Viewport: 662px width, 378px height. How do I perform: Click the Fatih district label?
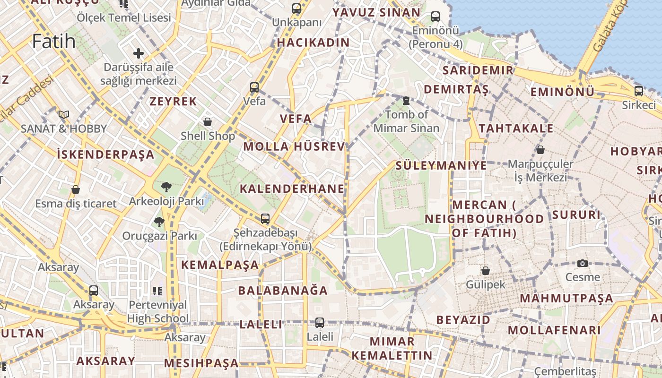pyautogui.click(x=54, y=42)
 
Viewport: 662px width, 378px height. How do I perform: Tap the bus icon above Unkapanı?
pyautogui.click(x=296, y=8)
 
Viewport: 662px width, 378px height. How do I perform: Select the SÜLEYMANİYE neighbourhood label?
pyautogui.click(x=441, y=165)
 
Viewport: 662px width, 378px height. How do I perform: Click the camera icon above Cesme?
pyautogui.click(x=583, y=263)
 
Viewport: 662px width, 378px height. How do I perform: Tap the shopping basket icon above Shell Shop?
pyautogui.click(x=208, y=122)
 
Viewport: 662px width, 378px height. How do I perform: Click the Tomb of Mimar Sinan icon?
pyautogui.click(x=406, y=100)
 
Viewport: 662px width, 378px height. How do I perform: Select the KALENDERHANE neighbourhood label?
pyautogui.click(x=292, y=189)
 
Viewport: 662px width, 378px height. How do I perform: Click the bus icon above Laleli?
pyautogui.click(x=320, y=323)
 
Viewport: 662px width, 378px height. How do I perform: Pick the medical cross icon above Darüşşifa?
pyautogui.click(x=138, y=53)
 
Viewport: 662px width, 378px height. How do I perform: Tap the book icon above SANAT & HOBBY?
pyautogui.click(x=64, y=114)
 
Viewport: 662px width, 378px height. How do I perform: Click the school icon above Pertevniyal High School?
pyautogui.click(x=157, y=291)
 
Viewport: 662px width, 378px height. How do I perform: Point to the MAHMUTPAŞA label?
pyautogui.click(x=566, y=299)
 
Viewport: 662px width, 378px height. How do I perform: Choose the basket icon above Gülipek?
pyautogui.click(x=485, y=271)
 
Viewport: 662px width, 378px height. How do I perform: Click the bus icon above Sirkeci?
pyautogui.click(x=639, y=91)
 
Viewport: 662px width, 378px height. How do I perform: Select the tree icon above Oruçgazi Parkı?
pyautogui.click(x=159, y=221)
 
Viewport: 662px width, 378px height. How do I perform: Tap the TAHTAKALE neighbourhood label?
pyautogui.click(x=516, y=129)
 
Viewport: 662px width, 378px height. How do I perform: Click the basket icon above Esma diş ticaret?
pyautogui.click(x=75, y=189)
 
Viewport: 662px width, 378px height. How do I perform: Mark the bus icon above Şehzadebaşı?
pyautogui.click(x=265, y=218)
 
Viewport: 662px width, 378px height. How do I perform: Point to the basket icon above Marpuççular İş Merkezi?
pyautogui.click(x=540, y=150)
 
